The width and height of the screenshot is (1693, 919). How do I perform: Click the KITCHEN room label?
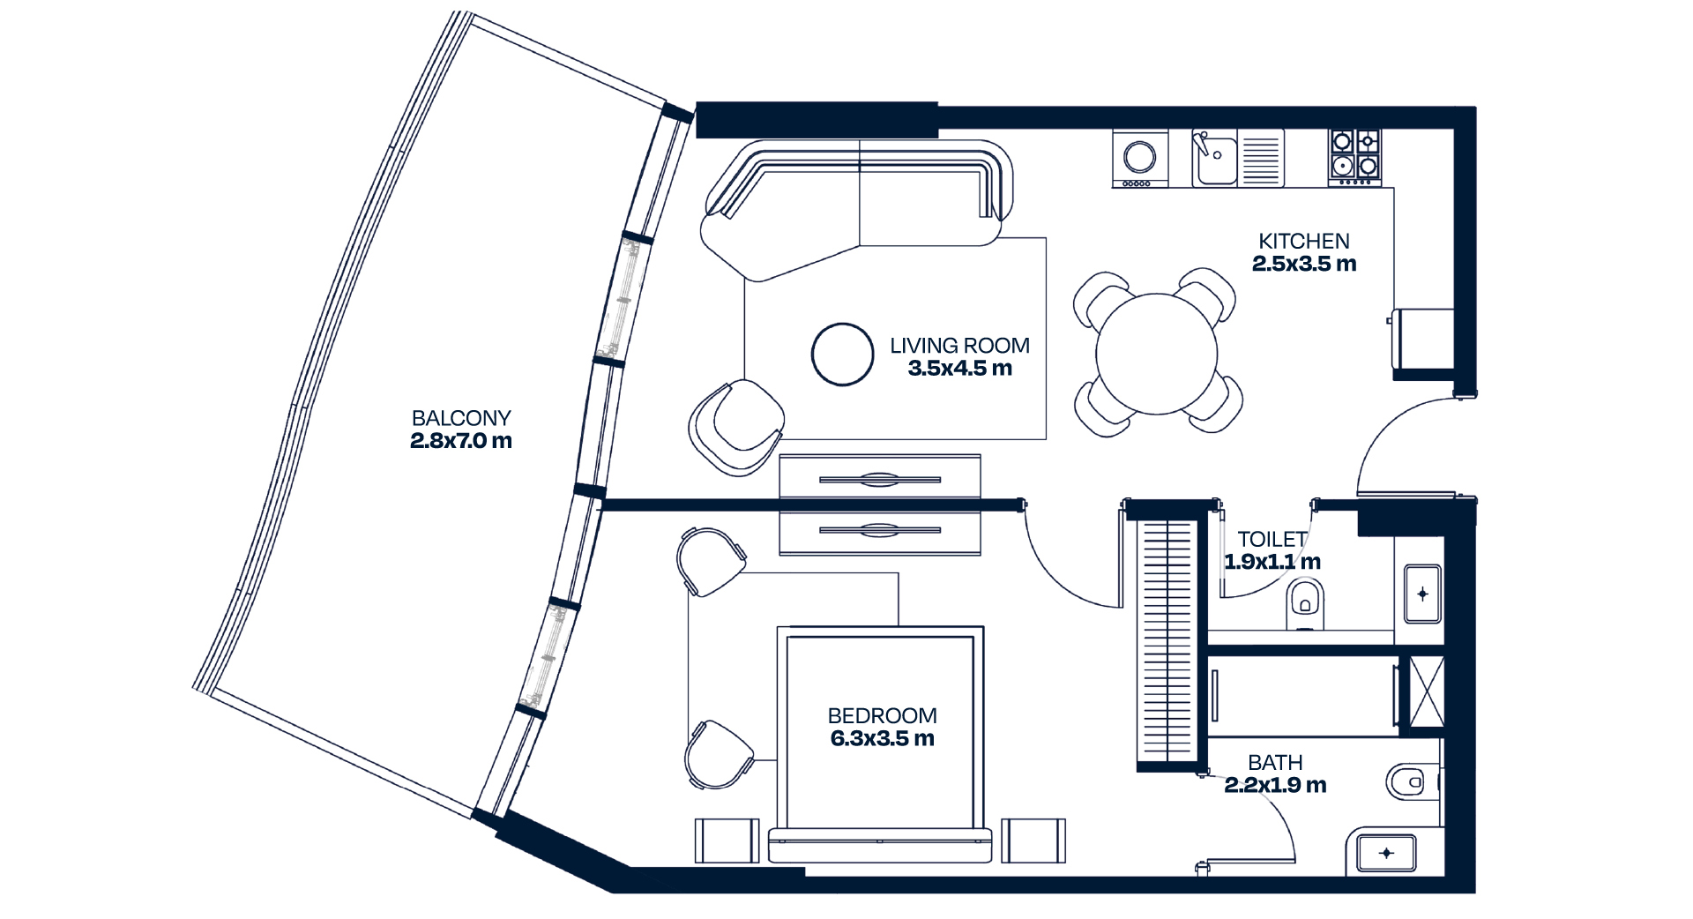[x=1304, y=241]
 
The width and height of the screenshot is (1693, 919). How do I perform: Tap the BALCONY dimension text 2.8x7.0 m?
[x=461, y=441]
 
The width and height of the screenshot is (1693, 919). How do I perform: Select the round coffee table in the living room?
[x=843, y=355]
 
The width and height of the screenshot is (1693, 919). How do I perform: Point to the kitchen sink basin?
[x=1215, y=159]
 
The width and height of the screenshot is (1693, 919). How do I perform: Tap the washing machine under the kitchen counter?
[x=1140, y=158]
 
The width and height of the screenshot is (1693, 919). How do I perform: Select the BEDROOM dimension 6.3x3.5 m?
[x=882, y=739]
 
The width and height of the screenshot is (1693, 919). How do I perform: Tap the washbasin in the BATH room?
[x=1386, y=853]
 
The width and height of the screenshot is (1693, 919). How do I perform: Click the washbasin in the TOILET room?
[x=1421, y=594]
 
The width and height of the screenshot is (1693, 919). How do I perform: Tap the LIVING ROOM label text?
[x=959, y=346]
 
